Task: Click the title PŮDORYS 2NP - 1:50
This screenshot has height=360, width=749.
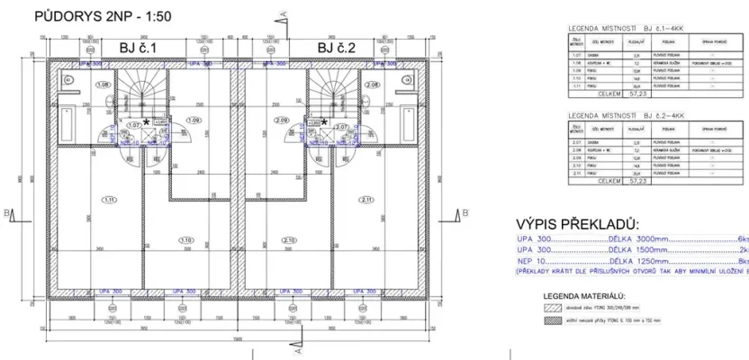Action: point(101,16)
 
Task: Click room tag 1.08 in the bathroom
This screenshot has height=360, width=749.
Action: point(104,85)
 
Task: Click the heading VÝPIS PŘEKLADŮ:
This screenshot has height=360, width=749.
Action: point(576,223)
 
